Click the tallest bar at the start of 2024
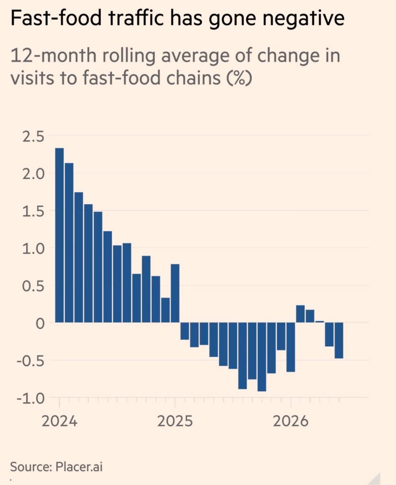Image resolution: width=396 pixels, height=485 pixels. tap(59, 235)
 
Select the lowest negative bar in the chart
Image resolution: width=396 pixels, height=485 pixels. tap(262, 357)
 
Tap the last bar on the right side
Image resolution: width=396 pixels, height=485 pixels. tap(339, 340)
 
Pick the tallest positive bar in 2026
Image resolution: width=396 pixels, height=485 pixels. tap(300, 314)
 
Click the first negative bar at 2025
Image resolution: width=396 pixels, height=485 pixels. tap(185, 331)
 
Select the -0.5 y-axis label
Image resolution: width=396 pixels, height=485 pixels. tap(31, 361)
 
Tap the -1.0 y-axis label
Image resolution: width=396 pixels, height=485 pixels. tap(31, 398)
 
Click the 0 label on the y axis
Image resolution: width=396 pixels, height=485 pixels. tap(40, 323)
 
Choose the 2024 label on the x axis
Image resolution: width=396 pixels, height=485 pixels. tap(59, 421)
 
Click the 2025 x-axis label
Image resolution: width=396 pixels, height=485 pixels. tap(175, 421)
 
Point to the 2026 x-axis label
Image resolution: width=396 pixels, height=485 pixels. tap(290, 421)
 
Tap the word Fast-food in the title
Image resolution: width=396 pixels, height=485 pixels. tap(56, 18)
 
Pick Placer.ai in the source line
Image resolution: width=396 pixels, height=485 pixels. tap(79, 467)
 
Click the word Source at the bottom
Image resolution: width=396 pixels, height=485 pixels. tap(31, 467)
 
